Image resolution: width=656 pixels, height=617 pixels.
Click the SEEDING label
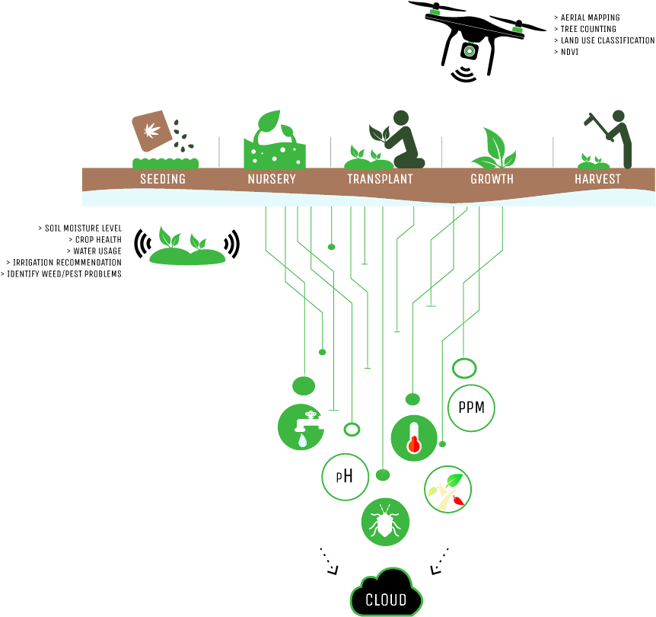click(163, 180)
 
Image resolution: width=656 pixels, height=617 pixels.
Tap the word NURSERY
click(272, 180)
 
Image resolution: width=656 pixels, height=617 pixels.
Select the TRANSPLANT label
click(380, 180)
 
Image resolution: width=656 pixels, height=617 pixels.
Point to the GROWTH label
click(492, 180)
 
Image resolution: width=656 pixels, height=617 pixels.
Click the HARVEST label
click(597, 180)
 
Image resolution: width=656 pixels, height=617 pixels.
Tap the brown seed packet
click(152, 130)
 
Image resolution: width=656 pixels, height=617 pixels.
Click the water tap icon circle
click(301, 427)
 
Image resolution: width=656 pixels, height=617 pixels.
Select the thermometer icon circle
click(414, 438)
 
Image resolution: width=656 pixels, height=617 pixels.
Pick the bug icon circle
click(385, 523)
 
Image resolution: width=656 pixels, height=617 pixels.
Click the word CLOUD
click(386, 600)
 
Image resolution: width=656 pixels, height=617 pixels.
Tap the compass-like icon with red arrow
click(448, 489)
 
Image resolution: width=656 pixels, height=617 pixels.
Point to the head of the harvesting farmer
click(619, 116)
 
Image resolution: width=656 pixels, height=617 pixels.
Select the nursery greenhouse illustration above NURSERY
click(274, 142)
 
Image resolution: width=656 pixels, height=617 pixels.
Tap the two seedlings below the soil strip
click(186, 248)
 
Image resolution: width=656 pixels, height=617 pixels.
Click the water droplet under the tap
click(303, 440)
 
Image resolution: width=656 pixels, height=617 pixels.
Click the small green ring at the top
click(470, 51)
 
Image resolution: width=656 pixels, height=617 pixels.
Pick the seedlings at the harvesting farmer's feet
click(593, 161)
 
